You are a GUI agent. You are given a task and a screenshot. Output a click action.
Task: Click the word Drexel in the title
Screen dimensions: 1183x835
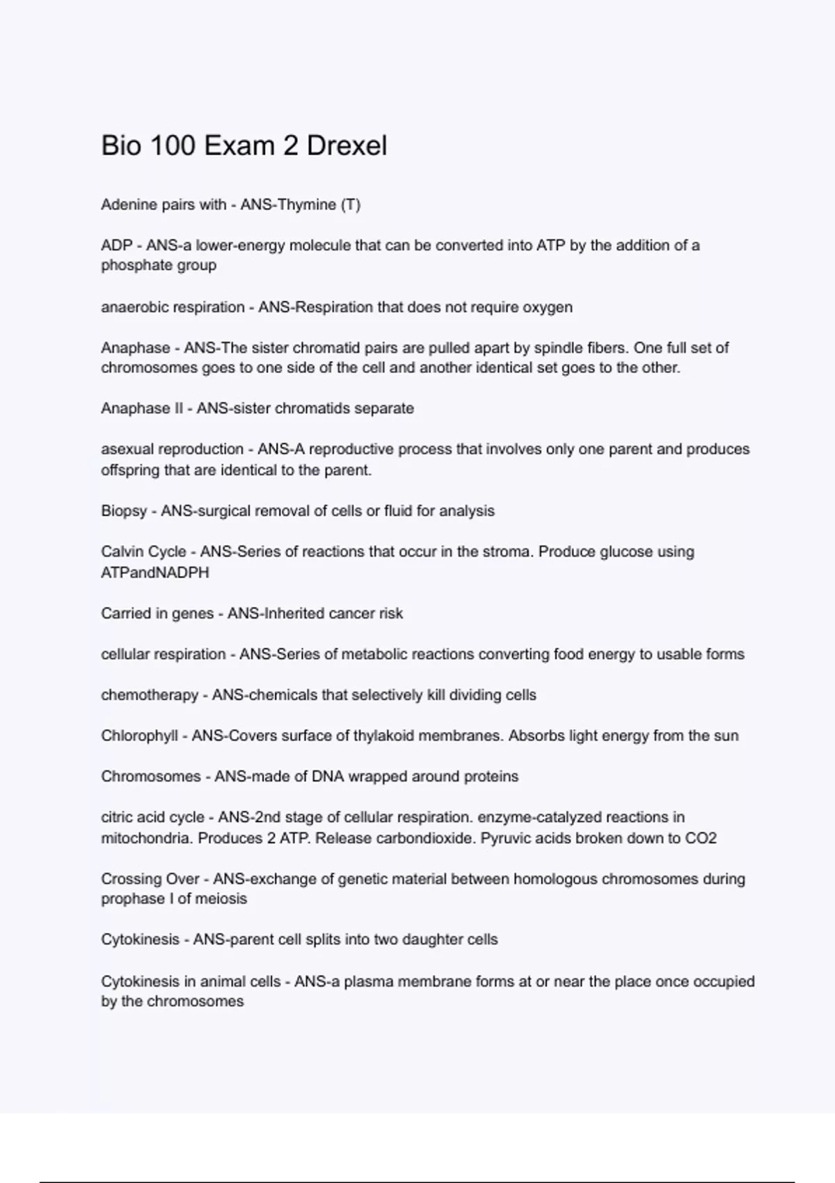click(x=347, y=146)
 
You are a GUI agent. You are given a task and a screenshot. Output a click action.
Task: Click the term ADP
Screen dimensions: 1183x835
click(x=117, y=246)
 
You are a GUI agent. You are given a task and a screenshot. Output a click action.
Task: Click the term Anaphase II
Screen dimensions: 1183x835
click(x=142, y=408)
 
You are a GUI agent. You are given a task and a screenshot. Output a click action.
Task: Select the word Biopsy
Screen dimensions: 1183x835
click(x=124, y=511)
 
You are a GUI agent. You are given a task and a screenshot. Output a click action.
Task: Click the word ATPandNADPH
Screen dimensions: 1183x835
click(x=155, y=573)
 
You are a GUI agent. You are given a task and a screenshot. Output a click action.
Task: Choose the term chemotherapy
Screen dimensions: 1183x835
click(x=150, y=695)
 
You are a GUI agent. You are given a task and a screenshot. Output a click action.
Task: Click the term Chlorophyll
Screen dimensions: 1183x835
click(x=139, y=736)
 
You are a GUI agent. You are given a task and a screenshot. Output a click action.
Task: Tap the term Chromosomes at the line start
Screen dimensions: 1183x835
click(x=151, y=777)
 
